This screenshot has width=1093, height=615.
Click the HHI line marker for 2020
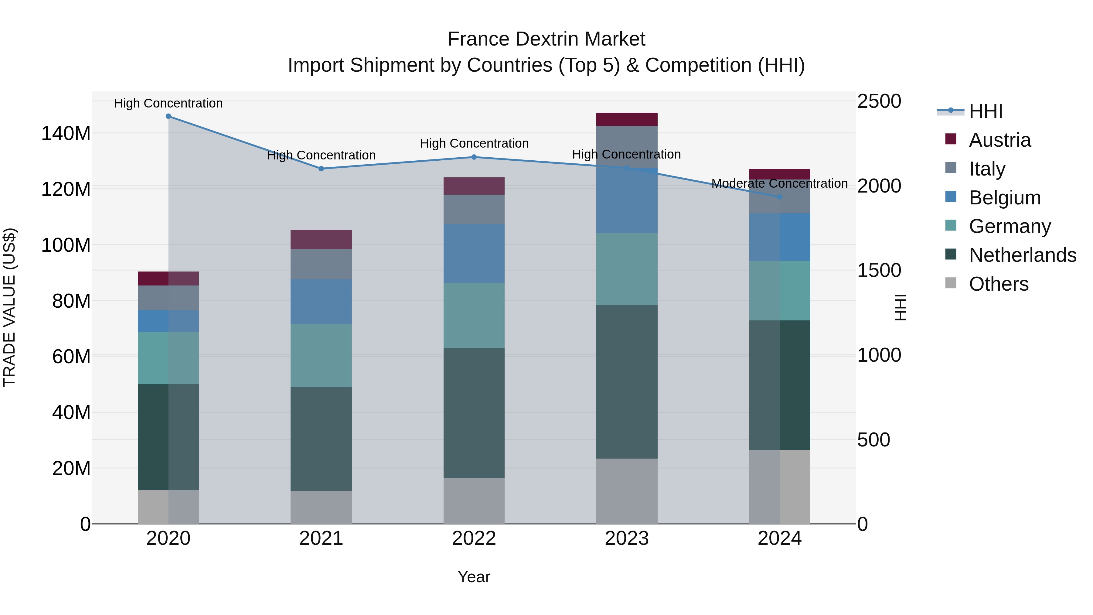[x=169, y=116]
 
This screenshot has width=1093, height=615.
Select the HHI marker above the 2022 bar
[x=474, y=157]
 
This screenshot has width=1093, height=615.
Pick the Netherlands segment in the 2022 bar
[x=474, y=413]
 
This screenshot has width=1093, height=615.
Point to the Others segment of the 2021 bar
[x=321, y=507]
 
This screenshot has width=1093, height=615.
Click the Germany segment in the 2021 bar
[x=321, y=355]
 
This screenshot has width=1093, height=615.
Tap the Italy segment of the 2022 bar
[x=474, y=209]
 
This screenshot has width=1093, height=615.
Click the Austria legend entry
[x=999, y=140]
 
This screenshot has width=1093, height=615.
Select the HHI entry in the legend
[x=985, y=111]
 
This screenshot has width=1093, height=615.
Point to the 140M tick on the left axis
[x=66, y=134]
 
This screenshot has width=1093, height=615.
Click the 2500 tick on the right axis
[x=879, y=101]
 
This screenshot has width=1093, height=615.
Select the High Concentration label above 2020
[x=169, y=103]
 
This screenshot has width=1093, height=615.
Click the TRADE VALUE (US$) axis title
[x=9, y=307]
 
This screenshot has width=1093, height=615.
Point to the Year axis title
[x=474, y=577]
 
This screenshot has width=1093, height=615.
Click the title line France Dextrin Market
[x=546, y=39]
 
